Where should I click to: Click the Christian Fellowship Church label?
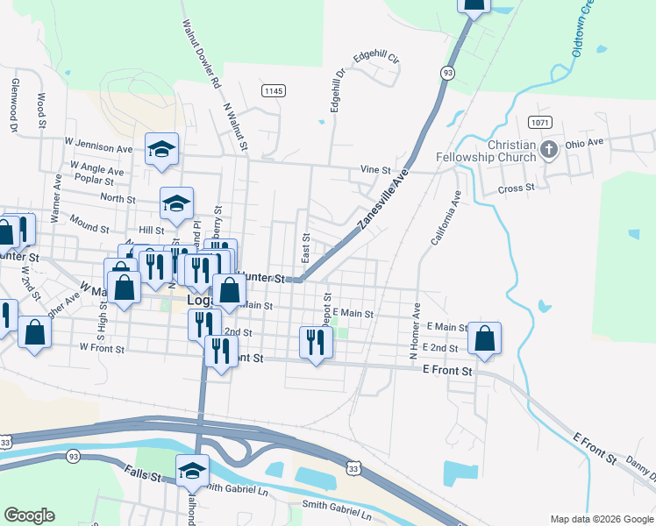[499, 151]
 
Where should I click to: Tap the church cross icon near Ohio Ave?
[549, 149]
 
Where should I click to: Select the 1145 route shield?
[273, 90]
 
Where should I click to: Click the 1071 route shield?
[539, 123]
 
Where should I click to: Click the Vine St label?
[374, 170]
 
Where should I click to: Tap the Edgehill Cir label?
[376, 59]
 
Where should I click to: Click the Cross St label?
[516, 188]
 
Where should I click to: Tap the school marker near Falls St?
[193, 472]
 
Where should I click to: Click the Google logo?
[29, 515]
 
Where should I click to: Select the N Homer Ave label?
[415, 331]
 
